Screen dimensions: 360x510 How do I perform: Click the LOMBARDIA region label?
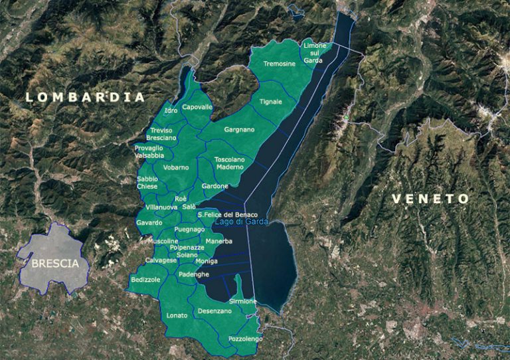[85, 97]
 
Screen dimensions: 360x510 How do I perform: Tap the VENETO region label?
[430, 199]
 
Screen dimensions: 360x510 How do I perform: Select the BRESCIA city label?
[60, 263]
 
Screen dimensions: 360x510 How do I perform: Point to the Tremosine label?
[279, 64]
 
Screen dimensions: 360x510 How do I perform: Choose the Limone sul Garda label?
[314, 52]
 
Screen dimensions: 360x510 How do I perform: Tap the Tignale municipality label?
[271, 102]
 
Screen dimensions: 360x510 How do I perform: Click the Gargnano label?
[240, 130]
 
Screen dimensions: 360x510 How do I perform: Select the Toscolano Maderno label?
[230, 163]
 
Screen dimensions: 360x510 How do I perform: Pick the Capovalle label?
[197, 107]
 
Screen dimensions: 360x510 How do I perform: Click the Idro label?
[171, 110]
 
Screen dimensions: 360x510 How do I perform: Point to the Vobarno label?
[176, 167]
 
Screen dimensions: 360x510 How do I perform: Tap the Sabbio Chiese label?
[147, 183]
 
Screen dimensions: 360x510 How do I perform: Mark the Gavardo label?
[149, 223]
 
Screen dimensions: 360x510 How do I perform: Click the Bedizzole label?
[146, 280]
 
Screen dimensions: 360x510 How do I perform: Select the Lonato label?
[177, 315]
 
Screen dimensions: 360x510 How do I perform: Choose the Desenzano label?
[214, 312]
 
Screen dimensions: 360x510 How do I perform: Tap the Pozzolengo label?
[245, 339]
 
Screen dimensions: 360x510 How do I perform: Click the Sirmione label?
[242, 302]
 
